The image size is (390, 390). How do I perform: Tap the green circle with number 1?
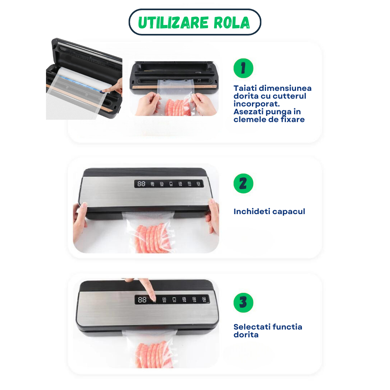tap(243, 68)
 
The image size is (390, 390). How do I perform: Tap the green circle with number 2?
tap(243, 183)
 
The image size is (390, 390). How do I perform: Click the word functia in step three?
tap(288, 327)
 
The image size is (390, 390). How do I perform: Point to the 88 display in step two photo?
tap(141, 183)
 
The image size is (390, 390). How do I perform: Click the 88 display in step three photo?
tap(142, 300)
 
